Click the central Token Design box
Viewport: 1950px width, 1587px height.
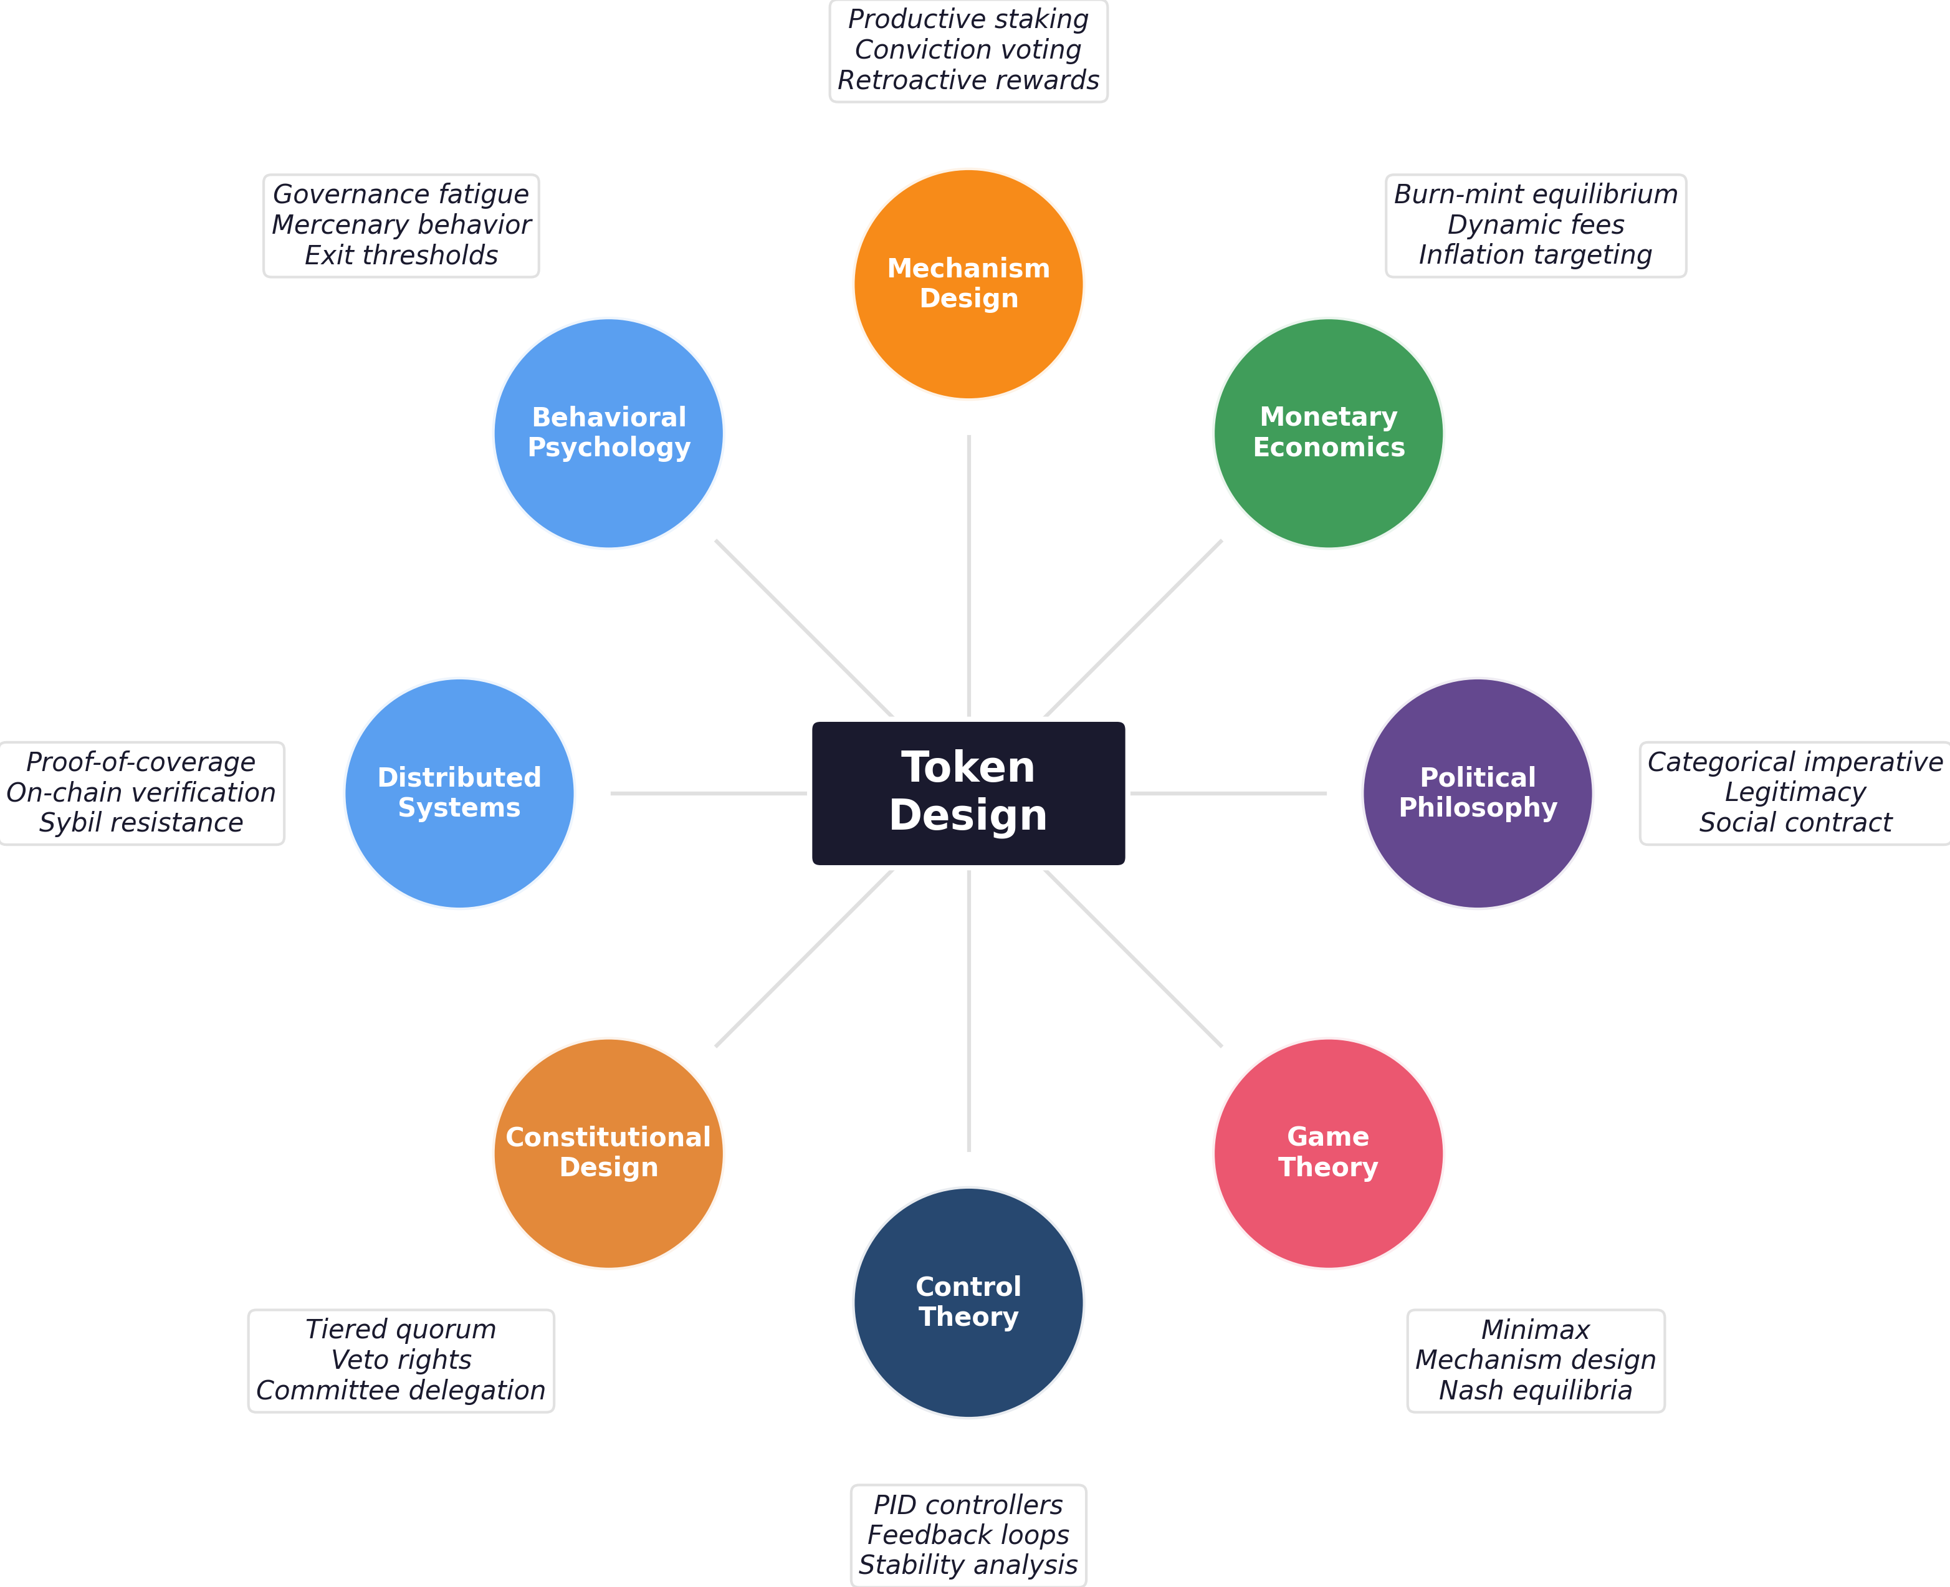[x=968, y=793]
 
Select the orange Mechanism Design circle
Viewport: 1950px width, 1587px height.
[x=968, y=284]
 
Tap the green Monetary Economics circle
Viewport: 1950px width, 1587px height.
[x=1327, y=433]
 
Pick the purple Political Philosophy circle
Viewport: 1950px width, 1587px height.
[x=1476, y=793]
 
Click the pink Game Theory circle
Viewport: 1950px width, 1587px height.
[x=1327, y=1153]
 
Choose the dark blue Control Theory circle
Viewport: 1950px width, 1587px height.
[x=968, y=1302]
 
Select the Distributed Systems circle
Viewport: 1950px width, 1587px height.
[x=459, y=793]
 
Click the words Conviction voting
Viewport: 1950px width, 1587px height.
[x=968, y=49]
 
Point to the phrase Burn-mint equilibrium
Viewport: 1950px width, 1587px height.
[x=1535, y=194]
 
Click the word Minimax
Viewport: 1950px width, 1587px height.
[x=1535, y=1329]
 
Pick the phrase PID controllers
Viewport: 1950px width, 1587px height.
[x=968, y=1504]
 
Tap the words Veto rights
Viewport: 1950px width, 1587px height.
[x=401, y=1359]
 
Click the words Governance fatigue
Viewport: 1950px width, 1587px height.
[x=401, y=194]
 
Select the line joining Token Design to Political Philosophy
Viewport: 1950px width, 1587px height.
[x=1228, y=793]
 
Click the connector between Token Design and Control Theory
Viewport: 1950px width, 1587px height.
[x=968, y=1010]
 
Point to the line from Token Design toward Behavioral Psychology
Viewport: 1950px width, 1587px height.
[x=804, y=628]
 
